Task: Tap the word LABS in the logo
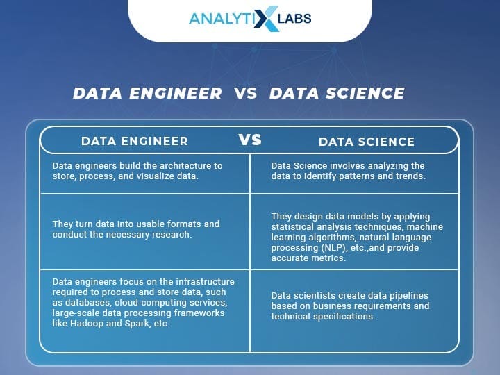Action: pos(294,19)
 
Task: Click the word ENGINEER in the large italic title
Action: pos(176,93)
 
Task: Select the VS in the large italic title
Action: pos(245,93)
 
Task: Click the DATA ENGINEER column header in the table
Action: pos(135,141)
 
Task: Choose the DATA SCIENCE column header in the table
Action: pos(367,142)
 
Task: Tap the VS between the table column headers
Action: pos(250,140)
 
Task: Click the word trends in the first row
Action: pos(410,176)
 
